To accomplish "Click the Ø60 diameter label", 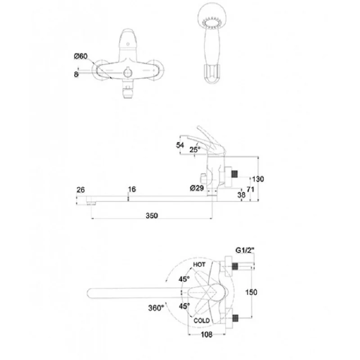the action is pos(81,56).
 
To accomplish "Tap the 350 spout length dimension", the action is pos(152,216).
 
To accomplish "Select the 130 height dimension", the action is pos(258,179).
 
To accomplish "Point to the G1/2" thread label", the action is pos(245,250).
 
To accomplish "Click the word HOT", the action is pos(199,265).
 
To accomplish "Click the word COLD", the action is pos(202,320).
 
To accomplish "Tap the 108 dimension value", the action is pos(207,334).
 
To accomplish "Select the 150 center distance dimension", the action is pos(252,292).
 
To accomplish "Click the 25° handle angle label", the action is pos(195,149).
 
